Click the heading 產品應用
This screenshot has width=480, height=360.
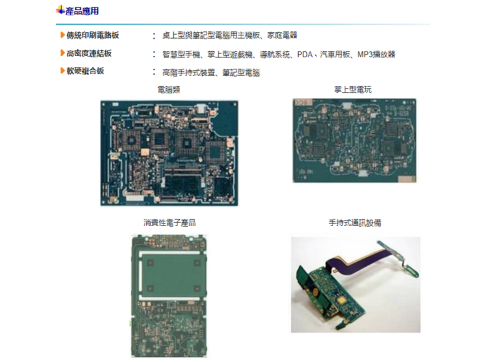point(83,11)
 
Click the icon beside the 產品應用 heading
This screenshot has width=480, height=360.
point(60,11)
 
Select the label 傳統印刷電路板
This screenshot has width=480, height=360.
point(93,35)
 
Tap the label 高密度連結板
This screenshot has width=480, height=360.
point(89,53)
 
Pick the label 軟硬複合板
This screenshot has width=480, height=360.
point(85,71)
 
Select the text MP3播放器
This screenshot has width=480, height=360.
point(377,53)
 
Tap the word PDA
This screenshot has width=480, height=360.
point(305,53)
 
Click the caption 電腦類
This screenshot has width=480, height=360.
point(169,89)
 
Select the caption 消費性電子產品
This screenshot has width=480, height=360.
point(169,223)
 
